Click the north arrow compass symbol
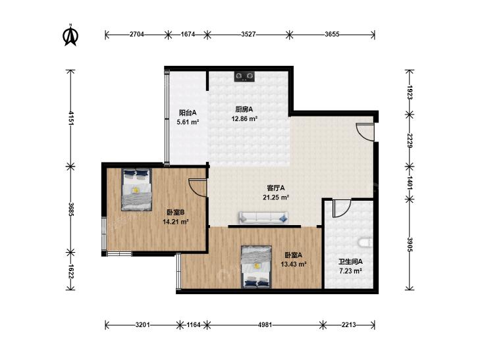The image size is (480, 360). pos(70,35)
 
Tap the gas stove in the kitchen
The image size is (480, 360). pos(244,76)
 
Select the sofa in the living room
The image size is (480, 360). pos(263,217)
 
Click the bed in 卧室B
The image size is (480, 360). pos(136,190)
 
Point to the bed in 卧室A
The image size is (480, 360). pos(257,267)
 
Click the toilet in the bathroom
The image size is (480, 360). pos(365,243)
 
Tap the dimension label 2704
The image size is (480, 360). pos(136,34)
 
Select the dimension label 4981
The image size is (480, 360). pos(265,325)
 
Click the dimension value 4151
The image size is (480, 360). pos(70,118)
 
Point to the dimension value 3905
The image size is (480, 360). pos(410,245)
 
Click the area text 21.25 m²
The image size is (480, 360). pos(276,197)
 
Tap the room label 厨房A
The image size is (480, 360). pos(244,109)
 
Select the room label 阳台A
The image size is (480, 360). pos(188,113)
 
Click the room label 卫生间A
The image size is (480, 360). pos(350,262)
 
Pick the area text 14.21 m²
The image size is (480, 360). pos(175,221)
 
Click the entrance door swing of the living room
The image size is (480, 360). pos(365,132)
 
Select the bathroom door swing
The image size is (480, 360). pos(342,208)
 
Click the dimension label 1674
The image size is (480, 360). pos(188,34)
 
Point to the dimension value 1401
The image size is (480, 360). pos(410,182)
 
